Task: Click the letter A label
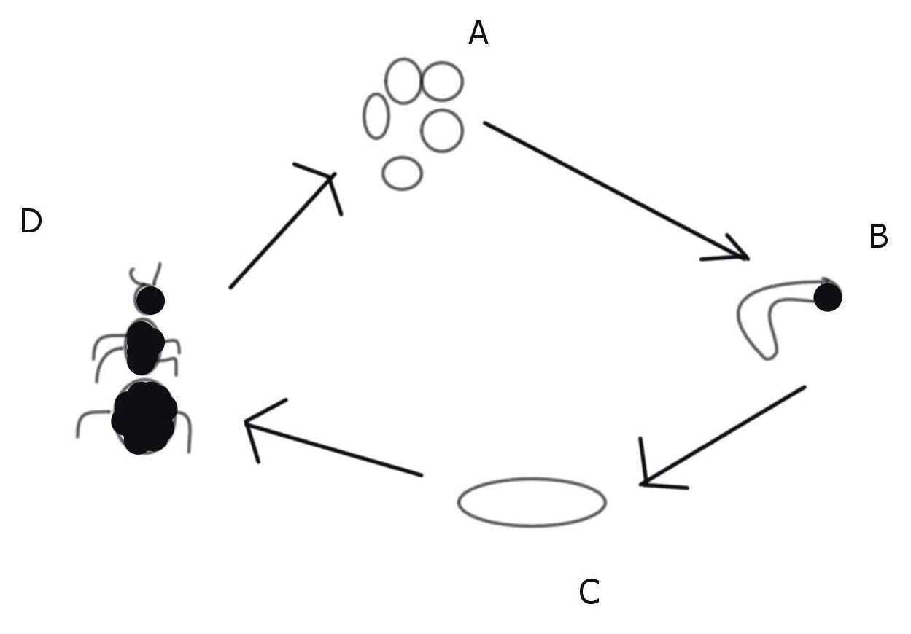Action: click(478, 33)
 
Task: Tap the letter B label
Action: click(878, 237)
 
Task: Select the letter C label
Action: click(589, 592)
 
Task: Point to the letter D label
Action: click(31, 222)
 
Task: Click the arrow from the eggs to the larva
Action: click(613, 189)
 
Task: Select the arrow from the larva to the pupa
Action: click(722, 436)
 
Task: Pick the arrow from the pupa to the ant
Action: click(336, 449)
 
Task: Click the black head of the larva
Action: click(827, 297)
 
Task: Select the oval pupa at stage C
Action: click(532, 502)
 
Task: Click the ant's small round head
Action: click(150, 300)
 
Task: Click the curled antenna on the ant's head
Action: click(139, 276)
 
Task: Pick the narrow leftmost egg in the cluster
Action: click(376, 116)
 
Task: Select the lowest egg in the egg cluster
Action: click(402, 173)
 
